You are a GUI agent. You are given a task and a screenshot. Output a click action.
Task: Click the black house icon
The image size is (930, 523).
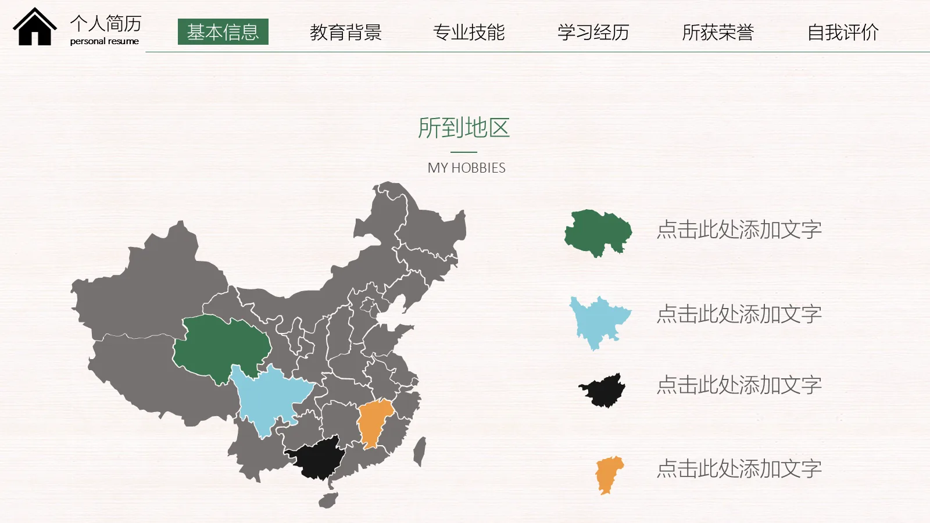coord(35,28)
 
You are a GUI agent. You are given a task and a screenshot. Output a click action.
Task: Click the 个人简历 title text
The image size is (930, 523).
coord(106,23)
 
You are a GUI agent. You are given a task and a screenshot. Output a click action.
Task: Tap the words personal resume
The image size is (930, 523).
coord(105,41)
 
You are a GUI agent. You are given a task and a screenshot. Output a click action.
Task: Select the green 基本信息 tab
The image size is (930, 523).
coord(223,32)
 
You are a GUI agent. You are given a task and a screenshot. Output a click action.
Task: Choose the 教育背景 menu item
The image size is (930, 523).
coord(346,33)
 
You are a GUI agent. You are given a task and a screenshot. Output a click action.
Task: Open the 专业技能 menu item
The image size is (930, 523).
coord(469,33)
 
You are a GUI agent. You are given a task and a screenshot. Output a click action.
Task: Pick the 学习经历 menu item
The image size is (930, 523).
coord(593,33)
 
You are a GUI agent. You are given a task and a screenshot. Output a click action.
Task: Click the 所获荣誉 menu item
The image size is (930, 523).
coord(718,33)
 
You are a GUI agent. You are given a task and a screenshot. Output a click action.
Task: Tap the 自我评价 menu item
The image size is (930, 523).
coord(843,33)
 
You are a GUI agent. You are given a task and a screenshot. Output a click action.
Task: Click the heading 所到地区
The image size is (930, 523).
coord(464,128)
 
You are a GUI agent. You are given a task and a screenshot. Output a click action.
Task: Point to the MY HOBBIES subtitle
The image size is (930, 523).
coord(467,168)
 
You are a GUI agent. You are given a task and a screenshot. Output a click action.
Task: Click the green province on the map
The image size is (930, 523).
coord(221,346)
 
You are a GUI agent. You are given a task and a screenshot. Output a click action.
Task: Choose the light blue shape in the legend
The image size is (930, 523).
coord(599,320)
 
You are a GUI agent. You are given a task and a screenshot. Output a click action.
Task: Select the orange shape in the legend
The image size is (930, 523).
coord(609,474)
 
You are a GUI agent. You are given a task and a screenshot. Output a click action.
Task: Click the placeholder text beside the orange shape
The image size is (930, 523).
coord(739,469)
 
